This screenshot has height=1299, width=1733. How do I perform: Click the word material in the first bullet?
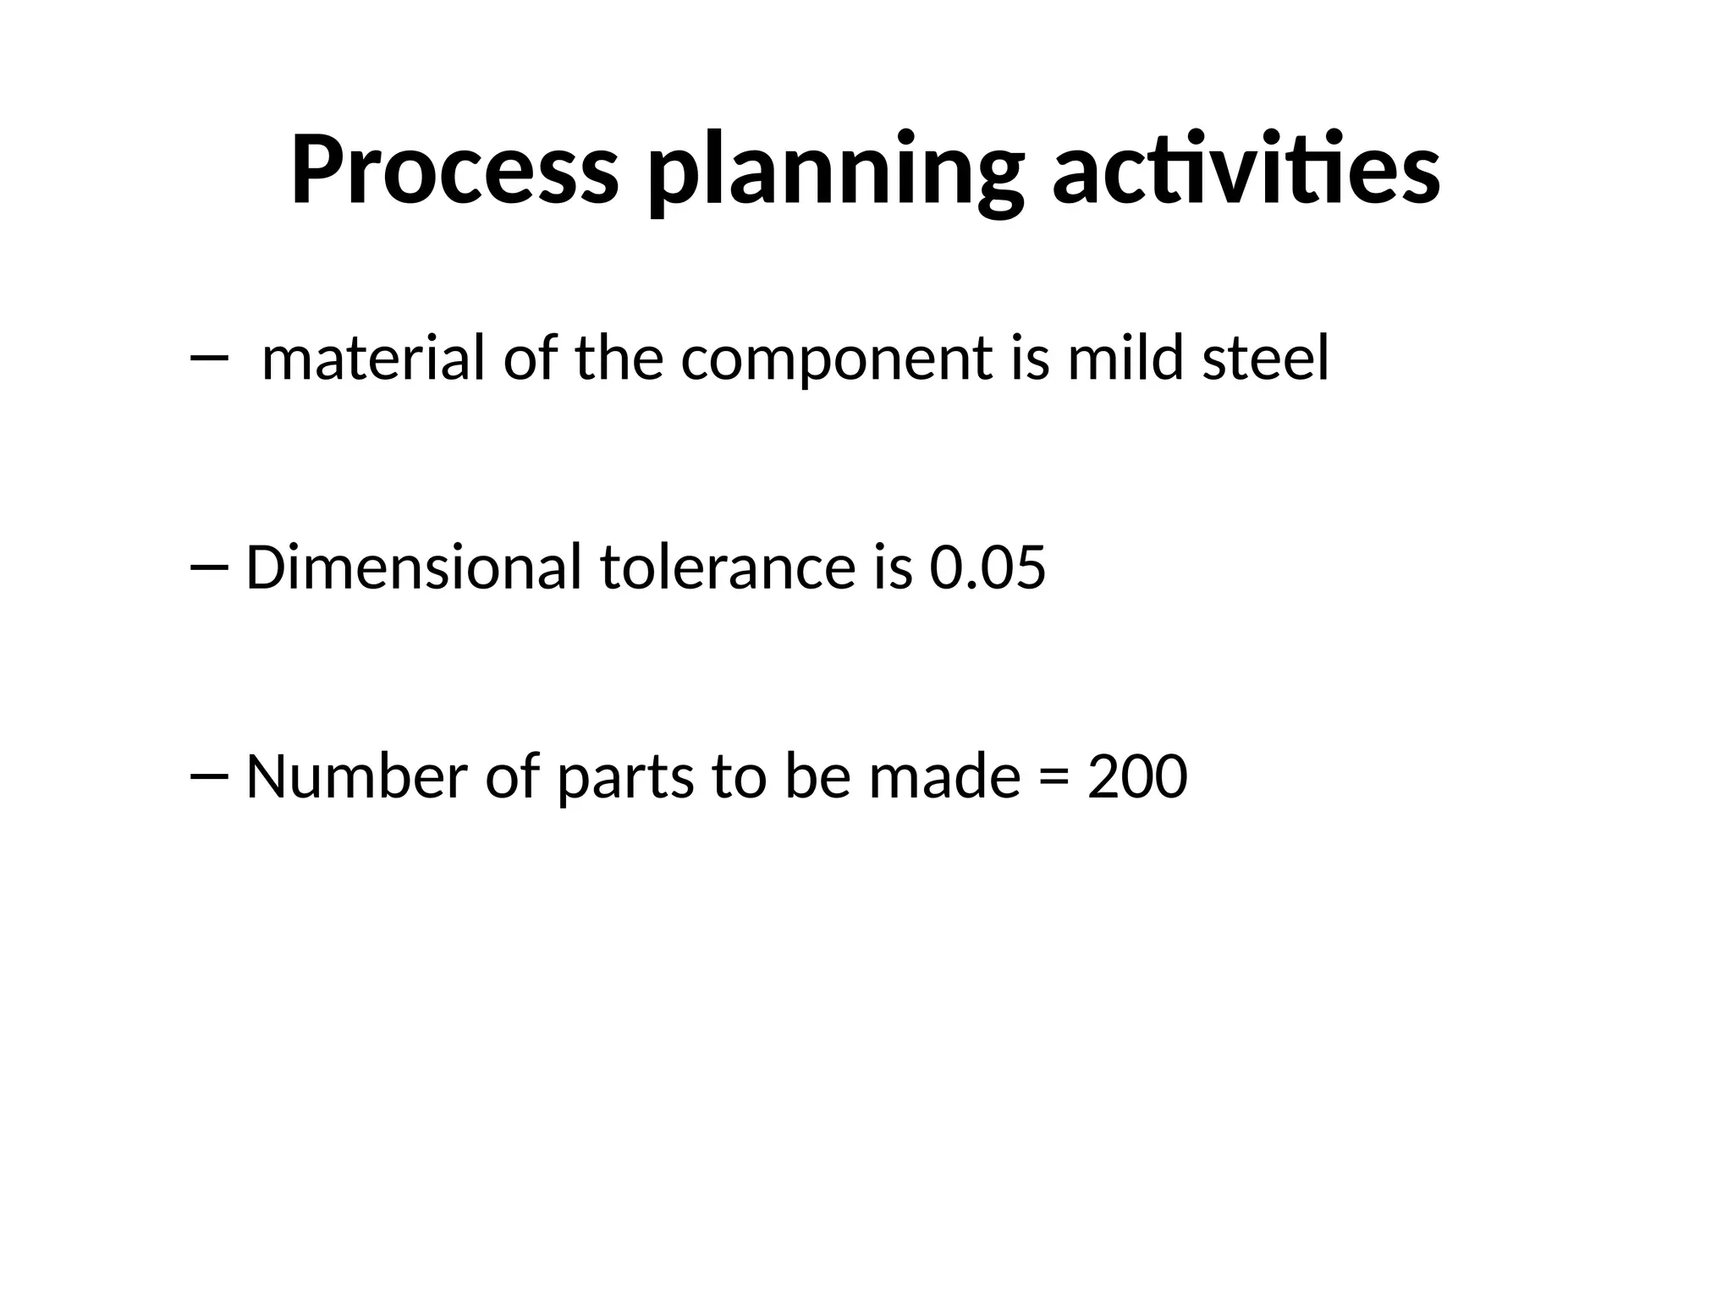point(373,359)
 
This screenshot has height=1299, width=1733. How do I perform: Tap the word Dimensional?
point(414,567)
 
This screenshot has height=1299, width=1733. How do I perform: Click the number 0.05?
point(988,567)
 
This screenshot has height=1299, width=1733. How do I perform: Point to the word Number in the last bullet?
point(356,776)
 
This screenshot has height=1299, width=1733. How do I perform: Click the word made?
point(944,776)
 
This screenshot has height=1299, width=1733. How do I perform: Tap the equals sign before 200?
point(1054,778)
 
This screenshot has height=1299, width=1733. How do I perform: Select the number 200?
point(1137,776)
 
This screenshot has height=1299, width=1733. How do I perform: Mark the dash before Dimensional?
point(209,567)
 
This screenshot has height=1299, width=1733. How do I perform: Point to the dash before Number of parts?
point(209,776)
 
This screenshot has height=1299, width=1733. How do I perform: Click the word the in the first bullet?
point(619,359)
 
